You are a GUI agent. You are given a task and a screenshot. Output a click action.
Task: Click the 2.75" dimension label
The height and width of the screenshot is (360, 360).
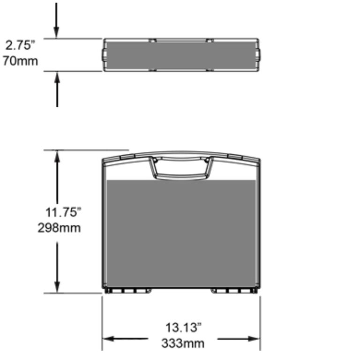point(20,46)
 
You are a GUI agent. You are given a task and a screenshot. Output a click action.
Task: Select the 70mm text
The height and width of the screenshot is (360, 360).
point(20,61)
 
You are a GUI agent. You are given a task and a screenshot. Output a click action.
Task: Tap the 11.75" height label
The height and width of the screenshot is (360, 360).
point(64,212)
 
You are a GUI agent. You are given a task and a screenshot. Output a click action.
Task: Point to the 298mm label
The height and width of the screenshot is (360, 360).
point(59,228)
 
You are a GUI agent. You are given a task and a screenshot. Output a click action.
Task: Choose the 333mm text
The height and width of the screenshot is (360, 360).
point(183,343)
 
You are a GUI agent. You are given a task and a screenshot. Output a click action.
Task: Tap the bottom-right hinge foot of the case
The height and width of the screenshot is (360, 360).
point(234,291)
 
